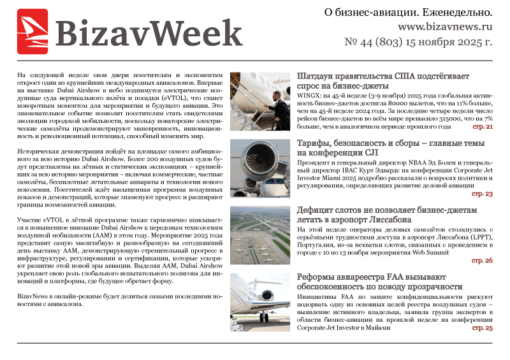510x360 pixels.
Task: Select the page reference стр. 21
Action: point(482,126)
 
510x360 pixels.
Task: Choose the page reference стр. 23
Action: point(482,193)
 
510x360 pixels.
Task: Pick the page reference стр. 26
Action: point(482,261)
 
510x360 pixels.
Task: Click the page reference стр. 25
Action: point(482,328)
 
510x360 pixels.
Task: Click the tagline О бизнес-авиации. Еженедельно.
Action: point(417,12)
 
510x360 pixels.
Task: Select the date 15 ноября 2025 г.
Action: point(455,43)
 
